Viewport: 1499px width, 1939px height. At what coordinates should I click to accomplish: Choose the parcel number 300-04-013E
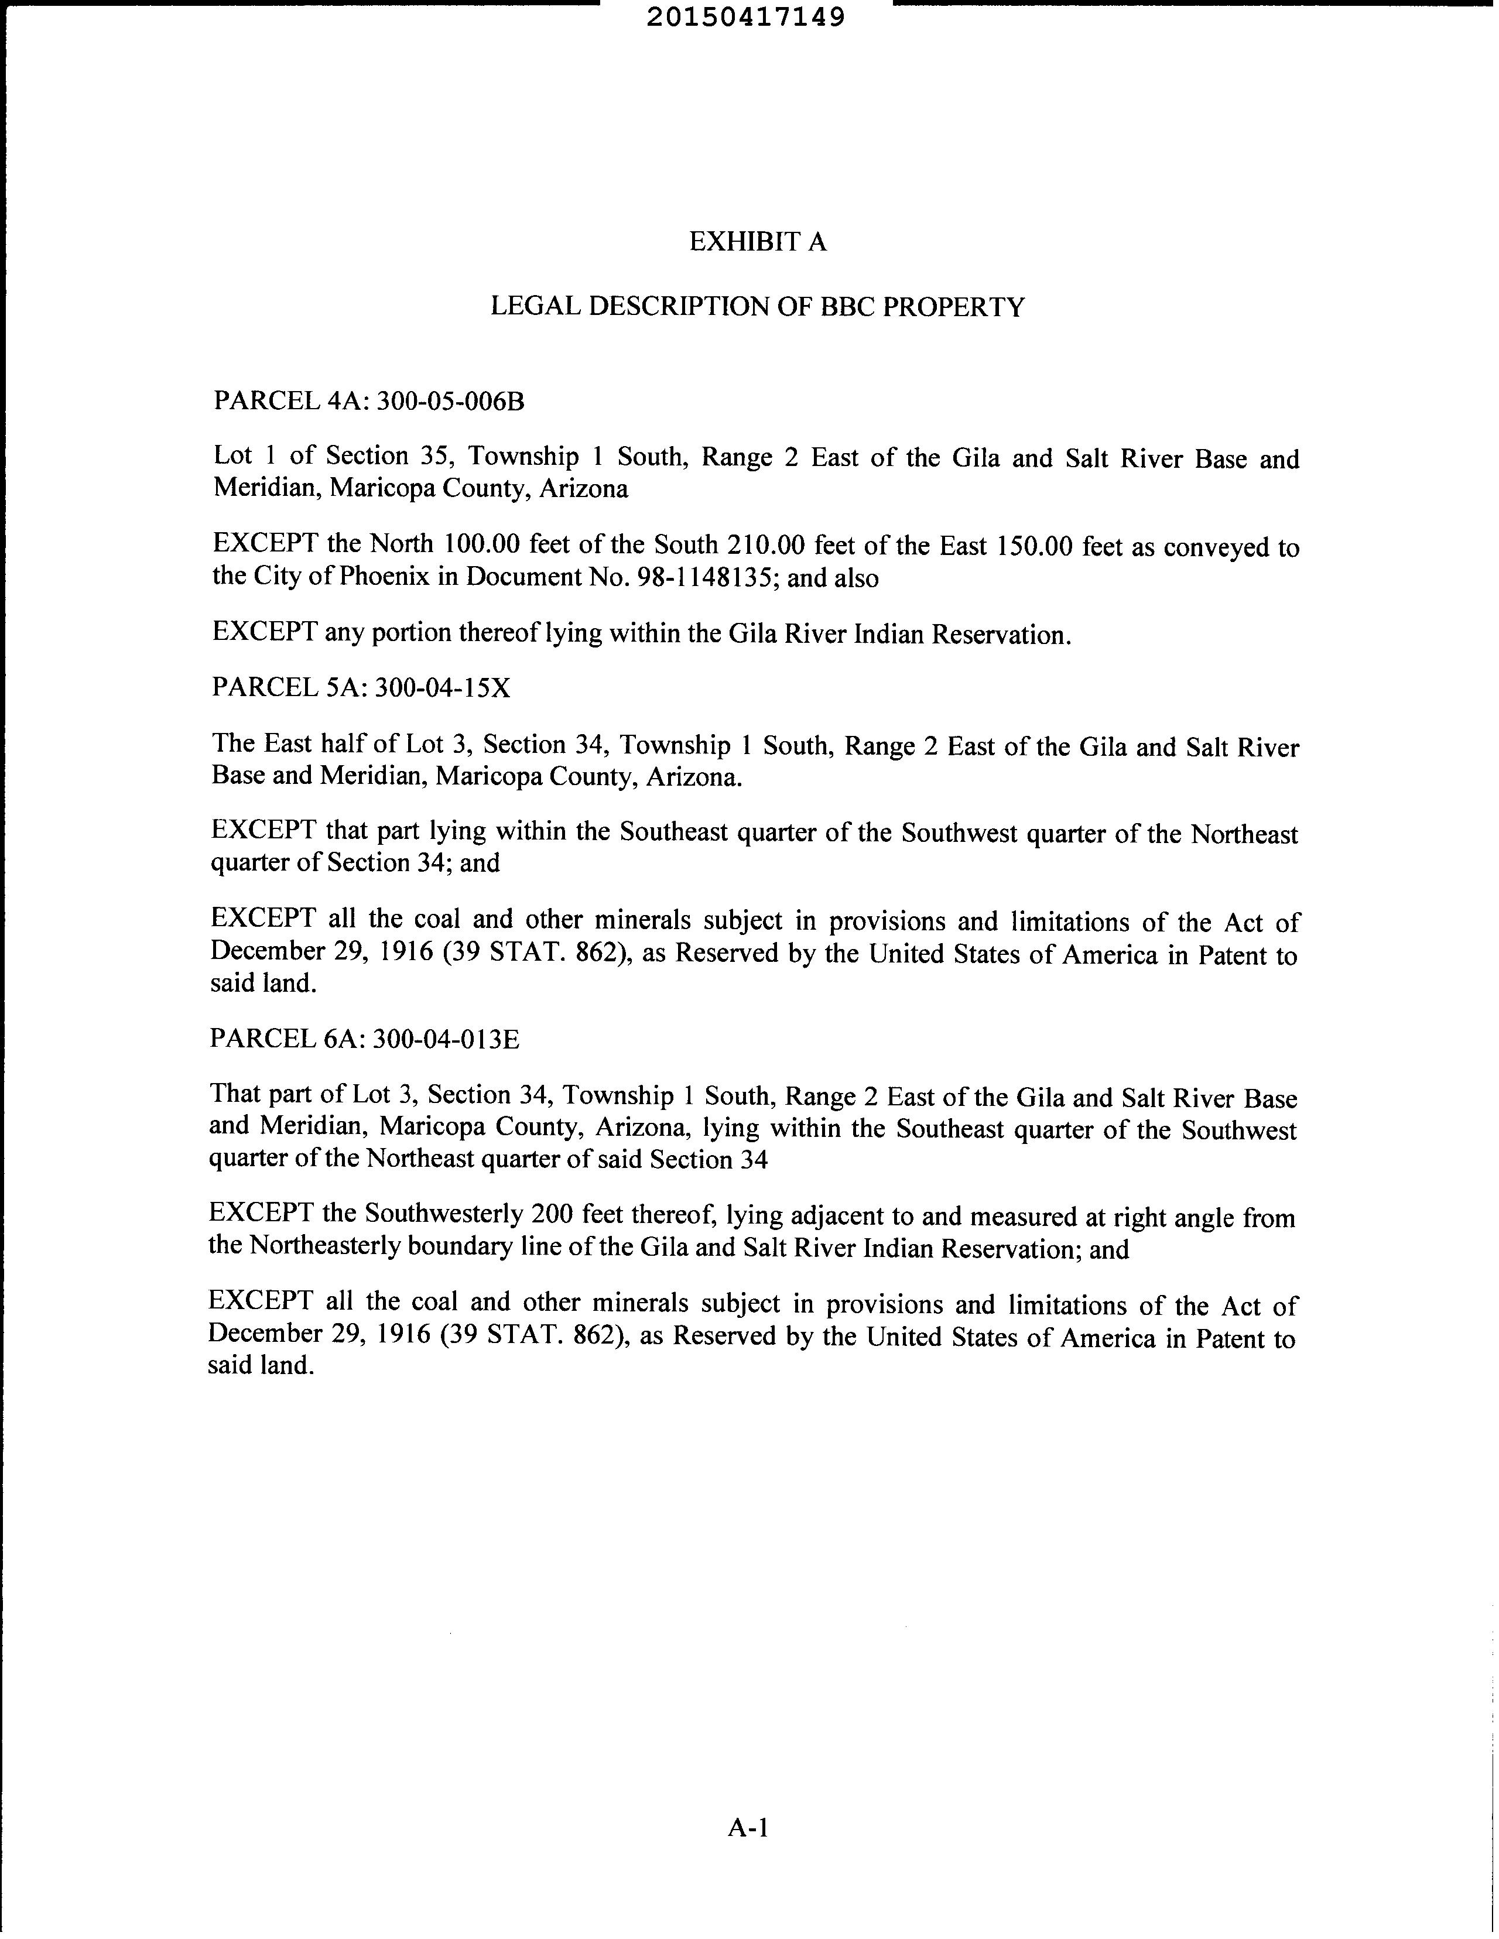point(446,1039)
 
